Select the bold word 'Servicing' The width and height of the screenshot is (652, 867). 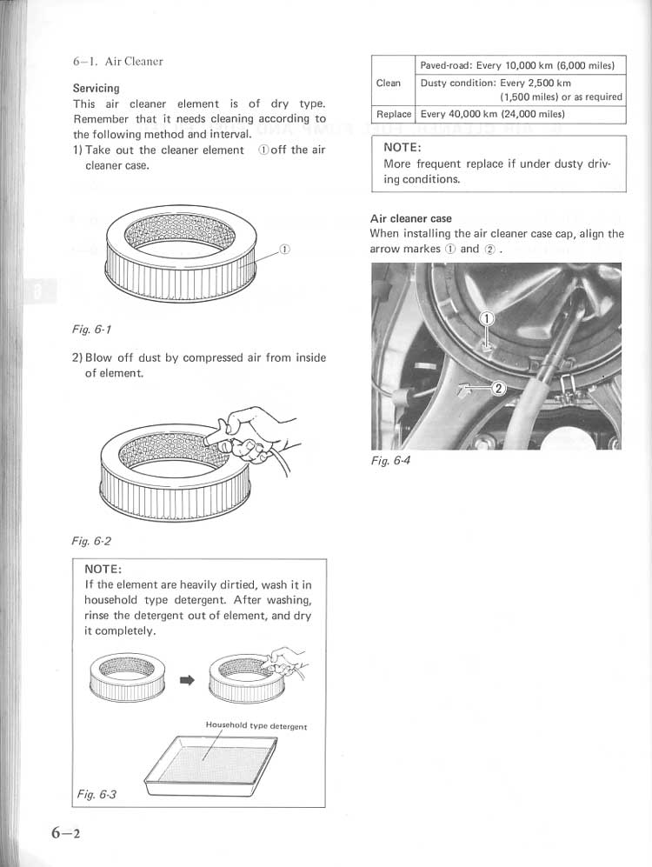[96, 88]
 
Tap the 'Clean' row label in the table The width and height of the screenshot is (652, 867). [389, 83]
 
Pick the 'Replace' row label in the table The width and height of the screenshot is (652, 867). [394, 114]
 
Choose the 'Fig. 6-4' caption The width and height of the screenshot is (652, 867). [389, 460]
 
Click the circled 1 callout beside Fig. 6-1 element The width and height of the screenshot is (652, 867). [284, 250]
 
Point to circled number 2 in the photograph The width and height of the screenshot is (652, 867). [498, 389]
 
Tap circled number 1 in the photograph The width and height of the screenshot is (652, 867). [488, 318]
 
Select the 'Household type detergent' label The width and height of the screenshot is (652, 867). [256, 724]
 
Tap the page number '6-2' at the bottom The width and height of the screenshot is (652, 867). [64, 832]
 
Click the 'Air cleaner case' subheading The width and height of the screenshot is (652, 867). [410, 218]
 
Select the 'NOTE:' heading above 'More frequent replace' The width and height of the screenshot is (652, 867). [403, 147]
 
